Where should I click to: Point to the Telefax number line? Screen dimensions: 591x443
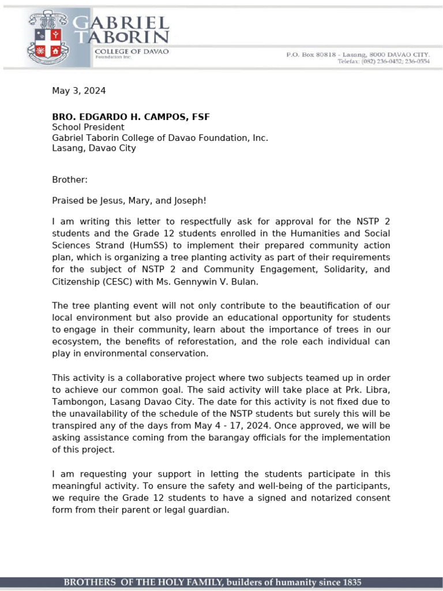tap(383, 61)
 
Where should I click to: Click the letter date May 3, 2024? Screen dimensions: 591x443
tap(79, 91)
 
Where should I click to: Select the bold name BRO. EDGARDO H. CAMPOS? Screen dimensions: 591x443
tap(131, 117)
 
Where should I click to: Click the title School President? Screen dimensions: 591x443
tap(88, 128)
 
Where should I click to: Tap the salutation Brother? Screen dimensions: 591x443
tap(70, 179)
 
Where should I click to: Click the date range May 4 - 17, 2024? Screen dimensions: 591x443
tap(249, 425)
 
